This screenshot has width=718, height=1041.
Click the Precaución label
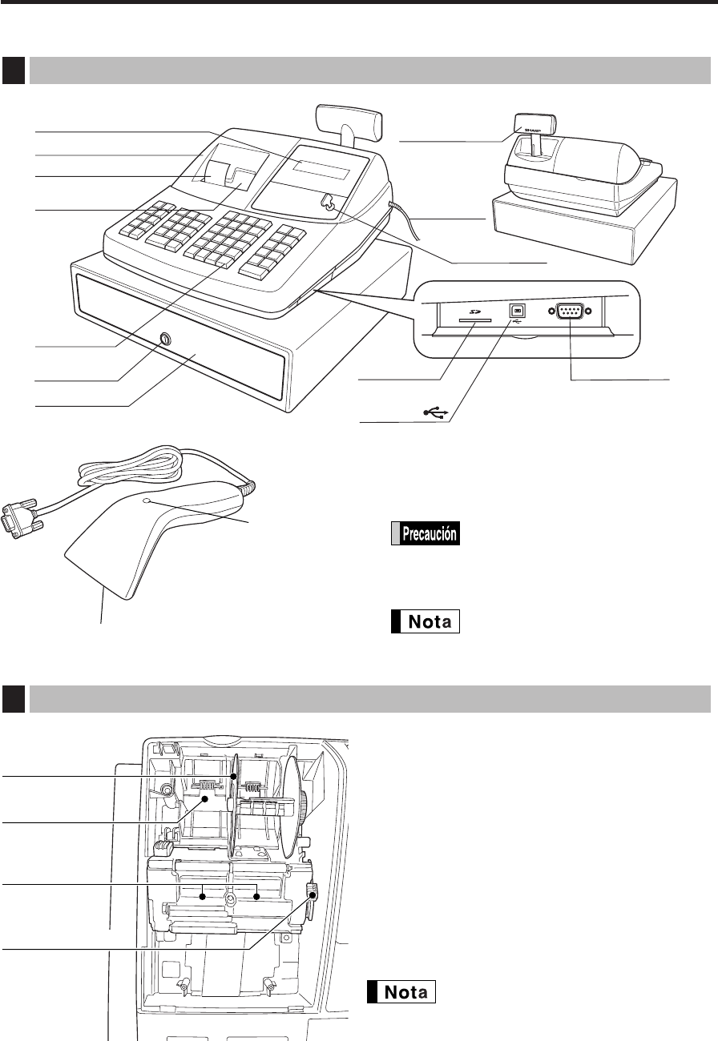click(x=425, y=534)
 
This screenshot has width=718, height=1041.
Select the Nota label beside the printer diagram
click(x=401, y=991)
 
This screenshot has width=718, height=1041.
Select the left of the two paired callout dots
click(x=203, y=896)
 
